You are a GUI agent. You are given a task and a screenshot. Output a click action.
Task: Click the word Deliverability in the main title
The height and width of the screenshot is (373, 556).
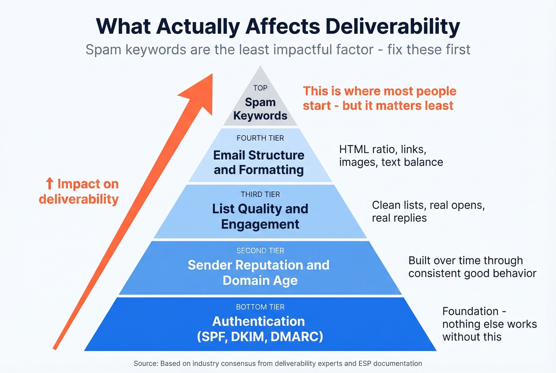point(392,27)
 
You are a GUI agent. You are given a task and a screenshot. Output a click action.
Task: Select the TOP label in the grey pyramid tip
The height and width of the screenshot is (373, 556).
point(260,88)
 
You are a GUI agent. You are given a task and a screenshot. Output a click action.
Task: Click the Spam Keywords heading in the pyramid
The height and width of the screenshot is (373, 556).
point(260,109)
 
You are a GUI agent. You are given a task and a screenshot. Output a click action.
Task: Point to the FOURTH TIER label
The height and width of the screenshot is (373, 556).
point(260,138)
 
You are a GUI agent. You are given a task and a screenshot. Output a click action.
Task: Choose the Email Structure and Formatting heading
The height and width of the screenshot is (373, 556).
point(259,162)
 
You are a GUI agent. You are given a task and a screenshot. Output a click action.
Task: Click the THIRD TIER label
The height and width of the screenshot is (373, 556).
point(260,194)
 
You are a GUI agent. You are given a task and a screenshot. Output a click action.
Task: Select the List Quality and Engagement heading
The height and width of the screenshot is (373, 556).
point(260,216)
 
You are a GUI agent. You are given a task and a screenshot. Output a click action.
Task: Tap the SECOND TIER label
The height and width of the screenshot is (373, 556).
point(260,251)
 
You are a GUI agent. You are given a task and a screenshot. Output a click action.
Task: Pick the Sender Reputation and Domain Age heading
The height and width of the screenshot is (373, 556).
point(259,273)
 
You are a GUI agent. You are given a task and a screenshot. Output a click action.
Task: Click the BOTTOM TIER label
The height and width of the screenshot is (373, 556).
point(260,307)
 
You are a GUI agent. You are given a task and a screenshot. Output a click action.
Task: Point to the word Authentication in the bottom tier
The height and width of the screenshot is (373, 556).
point(259,321)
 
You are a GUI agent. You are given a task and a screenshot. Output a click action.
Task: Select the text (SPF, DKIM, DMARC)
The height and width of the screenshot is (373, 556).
point(260,337)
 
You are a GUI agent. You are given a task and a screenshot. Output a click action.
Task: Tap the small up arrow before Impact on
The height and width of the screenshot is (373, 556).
point(49,184)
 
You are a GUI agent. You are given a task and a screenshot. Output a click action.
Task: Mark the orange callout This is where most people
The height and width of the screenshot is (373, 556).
point(379,91)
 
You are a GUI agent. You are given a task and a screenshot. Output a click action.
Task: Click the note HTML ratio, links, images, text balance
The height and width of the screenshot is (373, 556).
point(391,156)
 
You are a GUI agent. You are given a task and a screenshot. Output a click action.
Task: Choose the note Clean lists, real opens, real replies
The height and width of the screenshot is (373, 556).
point(428,211)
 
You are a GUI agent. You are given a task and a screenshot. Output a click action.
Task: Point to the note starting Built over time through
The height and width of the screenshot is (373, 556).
point(465,261)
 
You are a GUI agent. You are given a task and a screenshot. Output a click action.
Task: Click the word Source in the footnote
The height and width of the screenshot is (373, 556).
point(146,363)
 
